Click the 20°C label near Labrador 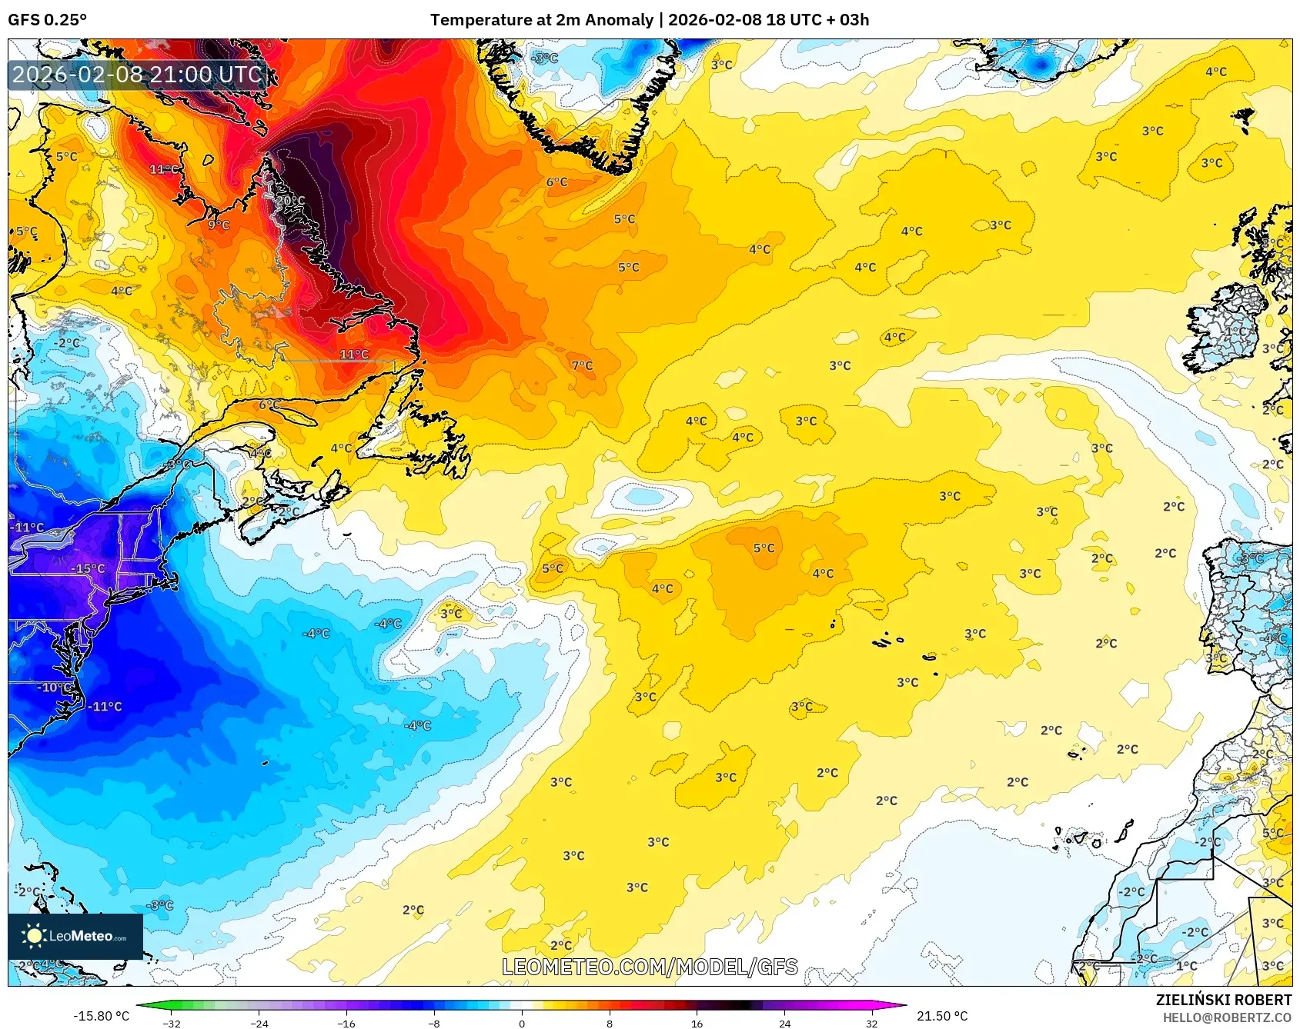coord(291,201)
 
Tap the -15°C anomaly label coord(88,569)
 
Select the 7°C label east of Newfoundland coord(583,365)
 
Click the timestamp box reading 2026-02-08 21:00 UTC coord(138,75)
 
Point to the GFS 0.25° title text coord(47,20)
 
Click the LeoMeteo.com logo coord(75,936)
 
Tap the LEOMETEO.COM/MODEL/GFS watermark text coord(650,967)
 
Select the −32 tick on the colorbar coord(172,1024)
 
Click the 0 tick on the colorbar coord(522,1024)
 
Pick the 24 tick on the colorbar coord(784,1024)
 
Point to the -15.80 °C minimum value coord(101,1016)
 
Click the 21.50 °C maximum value coord(942,1016)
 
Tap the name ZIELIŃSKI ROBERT coord(1223,1000)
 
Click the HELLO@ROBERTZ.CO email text coord(1227,1017)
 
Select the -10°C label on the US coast coord(55,687)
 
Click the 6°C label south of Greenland coord(556,182)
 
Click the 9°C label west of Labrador coord(219,225)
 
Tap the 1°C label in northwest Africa coord(1186,966)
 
